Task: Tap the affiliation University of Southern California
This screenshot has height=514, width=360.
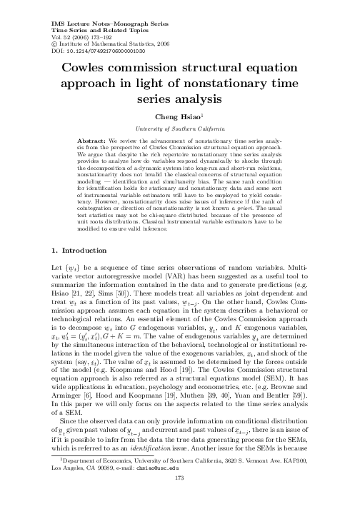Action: pyautogui.click(x=180, y=127)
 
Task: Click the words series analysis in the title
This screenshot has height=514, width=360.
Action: pyautogui.click(x=180, y=100)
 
